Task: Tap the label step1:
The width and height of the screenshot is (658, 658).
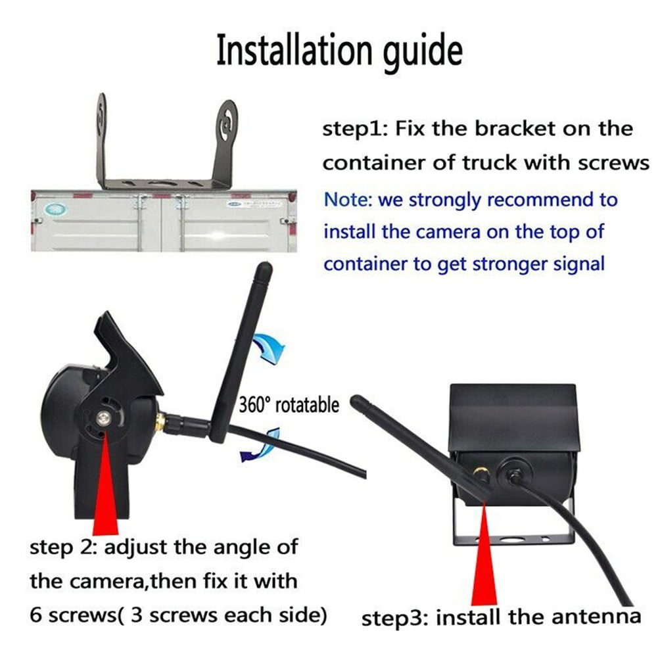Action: click(354, 129)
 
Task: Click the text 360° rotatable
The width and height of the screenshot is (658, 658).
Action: click(289, 404)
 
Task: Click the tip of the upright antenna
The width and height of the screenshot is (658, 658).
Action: click(263, 268)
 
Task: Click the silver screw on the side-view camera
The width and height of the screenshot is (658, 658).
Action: click(104, 417)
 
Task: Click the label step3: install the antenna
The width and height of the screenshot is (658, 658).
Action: click(501, 617)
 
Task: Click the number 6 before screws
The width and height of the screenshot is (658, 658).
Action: click(36, 615)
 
